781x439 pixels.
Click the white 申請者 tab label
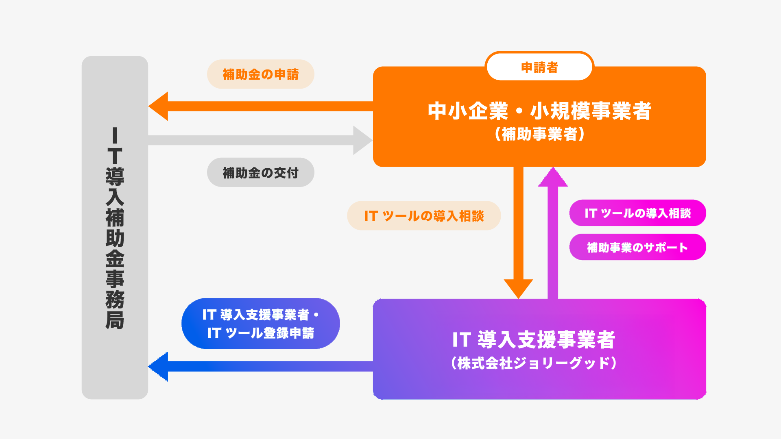point(539,67)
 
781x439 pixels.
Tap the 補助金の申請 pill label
point(260,74)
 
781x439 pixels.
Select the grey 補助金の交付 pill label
point(260,173)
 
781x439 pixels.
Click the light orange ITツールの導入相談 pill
point(423,216)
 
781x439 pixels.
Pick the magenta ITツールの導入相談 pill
point(637,213)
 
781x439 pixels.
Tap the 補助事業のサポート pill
point(637,247)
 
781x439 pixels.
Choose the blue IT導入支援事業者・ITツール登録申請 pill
point(260,324)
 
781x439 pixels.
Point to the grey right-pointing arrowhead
point(362,140)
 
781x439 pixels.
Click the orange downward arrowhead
point(518,287)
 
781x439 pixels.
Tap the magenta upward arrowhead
point(552,178)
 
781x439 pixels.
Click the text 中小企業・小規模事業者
point(539,111)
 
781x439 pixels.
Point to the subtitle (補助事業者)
point(539,134)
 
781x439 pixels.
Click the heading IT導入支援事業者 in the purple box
point(534,339)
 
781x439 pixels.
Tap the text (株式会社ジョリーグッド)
point(534,363)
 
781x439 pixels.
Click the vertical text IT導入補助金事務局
point(115,228)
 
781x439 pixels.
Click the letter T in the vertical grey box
point(115,156)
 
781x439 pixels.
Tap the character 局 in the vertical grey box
point(115,320)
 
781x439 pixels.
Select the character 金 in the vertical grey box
point(115,259)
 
